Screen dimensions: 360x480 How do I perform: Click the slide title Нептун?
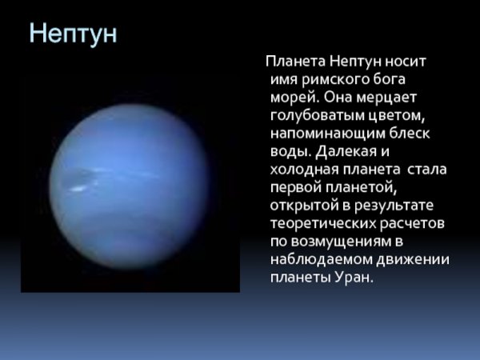[x=73, y=34]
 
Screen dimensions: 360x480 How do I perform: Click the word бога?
[x=389, y=78]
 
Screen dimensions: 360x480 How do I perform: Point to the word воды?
[x=288, y=151]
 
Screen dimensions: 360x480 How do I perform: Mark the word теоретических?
[x=324, y=224]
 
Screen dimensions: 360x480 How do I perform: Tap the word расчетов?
[x=415, y=224]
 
